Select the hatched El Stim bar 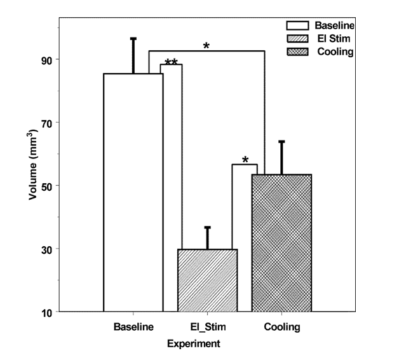(207, 280)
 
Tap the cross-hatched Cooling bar (281, 242)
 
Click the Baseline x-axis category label (133, 328)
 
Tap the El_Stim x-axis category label (207, 328)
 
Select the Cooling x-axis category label (281, 328)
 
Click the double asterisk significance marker (172, 62)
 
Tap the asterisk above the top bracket (206, 46)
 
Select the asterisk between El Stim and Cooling (245, 160)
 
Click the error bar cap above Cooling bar (281, 141)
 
